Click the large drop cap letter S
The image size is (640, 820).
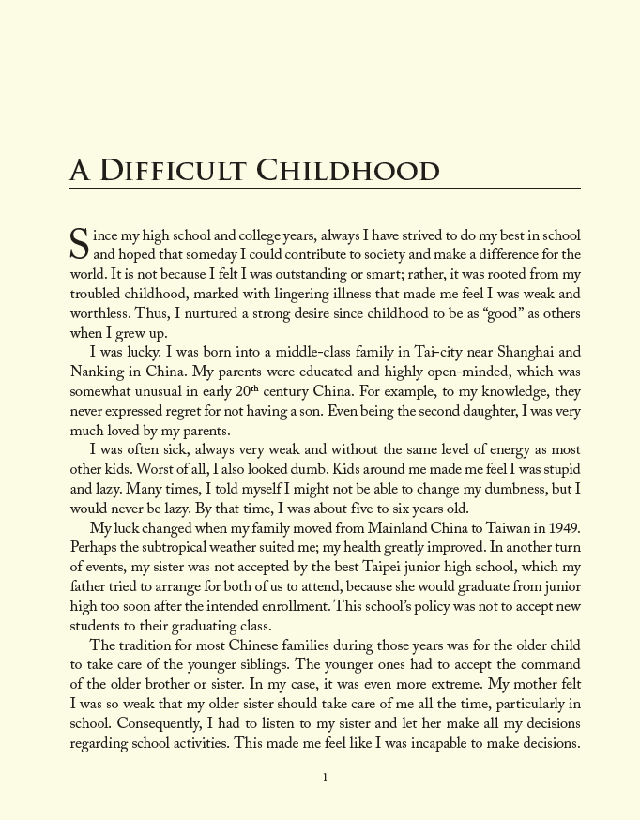(x=80, y=244)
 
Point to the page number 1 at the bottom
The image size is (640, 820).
(x=325, y=777)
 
